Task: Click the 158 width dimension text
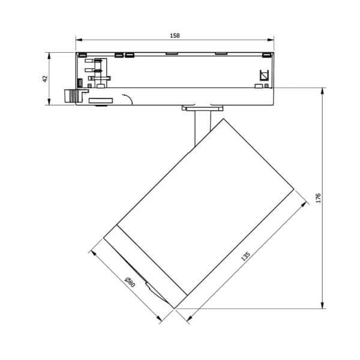175,35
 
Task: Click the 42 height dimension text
45,79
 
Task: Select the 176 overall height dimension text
319,197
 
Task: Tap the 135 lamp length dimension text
245,256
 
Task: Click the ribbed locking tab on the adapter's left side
72,95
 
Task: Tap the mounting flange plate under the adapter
203,109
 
